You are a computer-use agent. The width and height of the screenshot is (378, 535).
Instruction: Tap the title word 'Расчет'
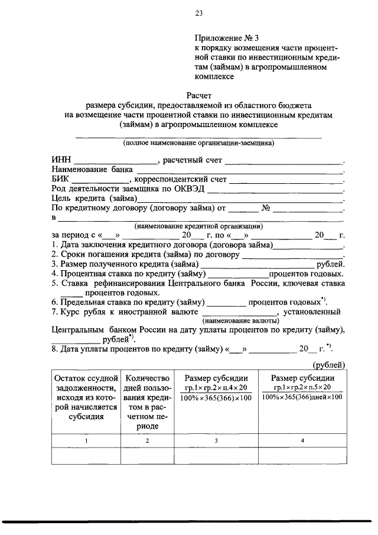point(198,95)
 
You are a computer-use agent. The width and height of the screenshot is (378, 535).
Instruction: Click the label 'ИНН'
point(61,160)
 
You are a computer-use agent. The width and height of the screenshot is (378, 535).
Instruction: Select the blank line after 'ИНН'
point(116,162)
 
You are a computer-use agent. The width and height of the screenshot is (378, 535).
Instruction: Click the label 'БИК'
point(61,179)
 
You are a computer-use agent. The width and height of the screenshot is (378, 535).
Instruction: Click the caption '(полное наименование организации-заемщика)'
point(198,143)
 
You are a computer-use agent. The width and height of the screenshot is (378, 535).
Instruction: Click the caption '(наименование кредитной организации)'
point(198,226)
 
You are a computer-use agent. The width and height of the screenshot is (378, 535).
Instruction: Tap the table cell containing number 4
point(302,441)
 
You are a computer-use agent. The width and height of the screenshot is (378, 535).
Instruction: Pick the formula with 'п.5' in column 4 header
point(302,392)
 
